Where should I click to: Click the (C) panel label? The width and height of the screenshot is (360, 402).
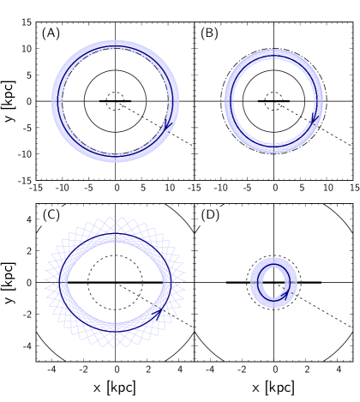coord(51,215)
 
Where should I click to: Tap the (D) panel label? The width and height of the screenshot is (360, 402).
coord(210,215)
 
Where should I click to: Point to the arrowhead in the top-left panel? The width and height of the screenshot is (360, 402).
coord(169,127)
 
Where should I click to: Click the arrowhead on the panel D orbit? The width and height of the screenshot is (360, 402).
coord(285,294)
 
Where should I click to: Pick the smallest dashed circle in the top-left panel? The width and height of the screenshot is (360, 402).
coord(115,101)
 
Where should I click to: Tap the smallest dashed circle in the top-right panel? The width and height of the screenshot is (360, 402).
coord(273,101)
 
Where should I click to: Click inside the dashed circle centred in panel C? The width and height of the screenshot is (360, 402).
coord(115,281)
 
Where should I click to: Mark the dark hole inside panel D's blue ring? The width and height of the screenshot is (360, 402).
coord(273,281)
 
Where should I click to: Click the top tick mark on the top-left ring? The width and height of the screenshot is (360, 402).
coord(115,44)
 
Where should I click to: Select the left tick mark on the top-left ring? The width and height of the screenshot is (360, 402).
coord(57,101)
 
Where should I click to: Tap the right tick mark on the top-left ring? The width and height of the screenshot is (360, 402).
coord(173,101)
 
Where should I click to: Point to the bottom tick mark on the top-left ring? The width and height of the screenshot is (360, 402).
coord(115,159)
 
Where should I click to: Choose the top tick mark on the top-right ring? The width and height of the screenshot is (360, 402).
coord(273,54)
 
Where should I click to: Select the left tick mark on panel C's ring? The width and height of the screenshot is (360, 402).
coord(64,281)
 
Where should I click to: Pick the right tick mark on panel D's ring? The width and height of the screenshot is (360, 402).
coord(296,281)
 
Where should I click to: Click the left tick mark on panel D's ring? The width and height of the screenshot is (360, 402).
coord(252,281)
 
